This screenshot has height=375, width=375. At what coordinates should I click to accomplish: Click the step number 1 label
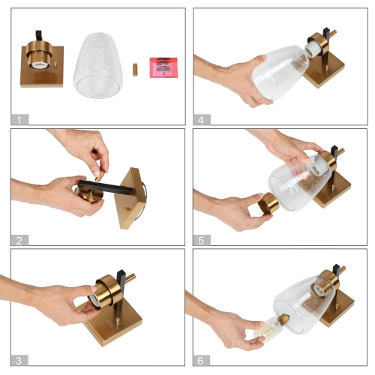[19, 120]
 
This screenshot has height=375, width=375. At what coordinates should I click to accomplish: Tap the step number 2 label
[19, 241]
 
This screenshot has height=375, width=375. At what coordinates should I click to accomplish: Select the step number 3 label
[19, 361]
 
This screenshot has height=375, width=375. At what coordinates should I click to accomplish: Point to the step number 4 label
[202, 120]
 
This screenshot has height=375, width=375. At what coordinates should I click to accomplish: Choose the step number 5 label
[202, 241]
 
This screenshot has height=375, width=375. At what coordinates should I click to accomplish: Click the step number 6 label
[201, 361]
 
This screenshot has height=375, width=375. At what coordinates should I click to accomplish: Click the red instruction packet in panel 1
[163, 67]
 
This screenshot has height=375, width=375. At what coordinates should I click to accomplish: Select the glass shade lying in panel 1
[98, 65]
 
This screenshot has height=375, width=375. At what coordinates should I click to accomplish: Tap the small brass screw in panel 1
[135, 70]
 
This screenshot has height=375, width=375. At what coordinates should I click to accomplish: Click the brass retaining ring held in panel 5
[268, 203]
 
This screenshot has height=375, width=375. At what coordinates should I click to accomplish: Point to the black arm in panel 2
[105, 187]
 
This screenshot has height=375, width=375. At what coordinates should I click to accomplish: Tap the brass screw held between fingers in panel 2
[100, 175]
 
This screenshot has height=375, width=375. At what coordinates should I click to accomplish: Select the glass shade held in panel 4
[280, 73]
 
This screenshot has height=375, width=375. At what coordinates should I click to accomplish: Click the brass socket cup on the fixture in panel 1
[40, 55]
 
